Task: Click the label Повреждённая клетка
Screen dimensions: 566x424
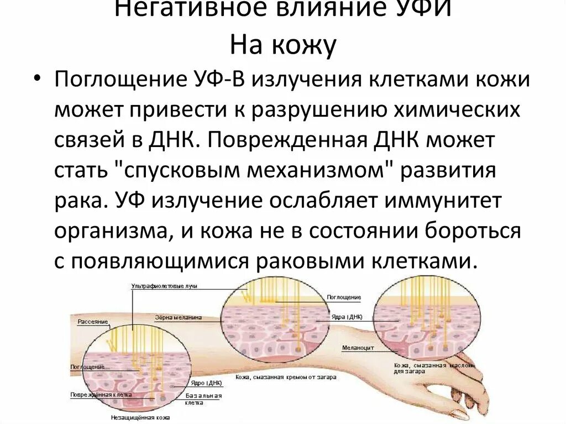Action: point(99,395)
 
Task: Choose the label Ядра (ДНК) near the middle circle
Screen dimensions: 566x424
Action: point(348,318)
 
